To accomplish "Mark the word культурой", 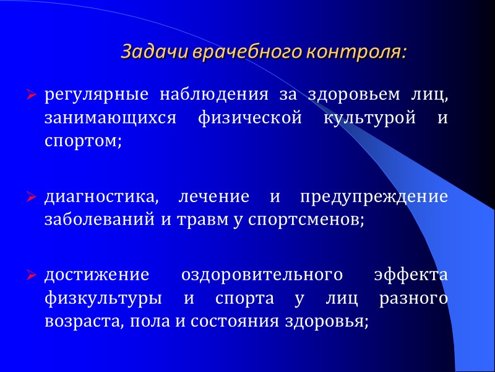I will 365,118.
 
